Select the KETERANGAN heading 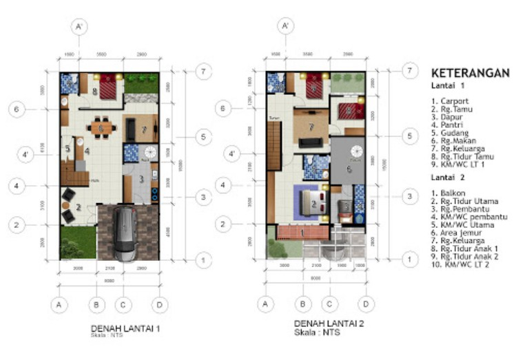tap(469, 73)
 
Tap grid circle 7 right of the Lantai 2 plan tap(409, 71)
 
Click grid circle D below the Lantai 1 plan tap(160, 304)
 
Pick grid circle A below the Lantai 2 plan tap(265, 303)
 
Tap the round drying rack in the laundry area tap(355, 152)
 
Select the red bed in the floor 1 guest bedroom tap(108, 86)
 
